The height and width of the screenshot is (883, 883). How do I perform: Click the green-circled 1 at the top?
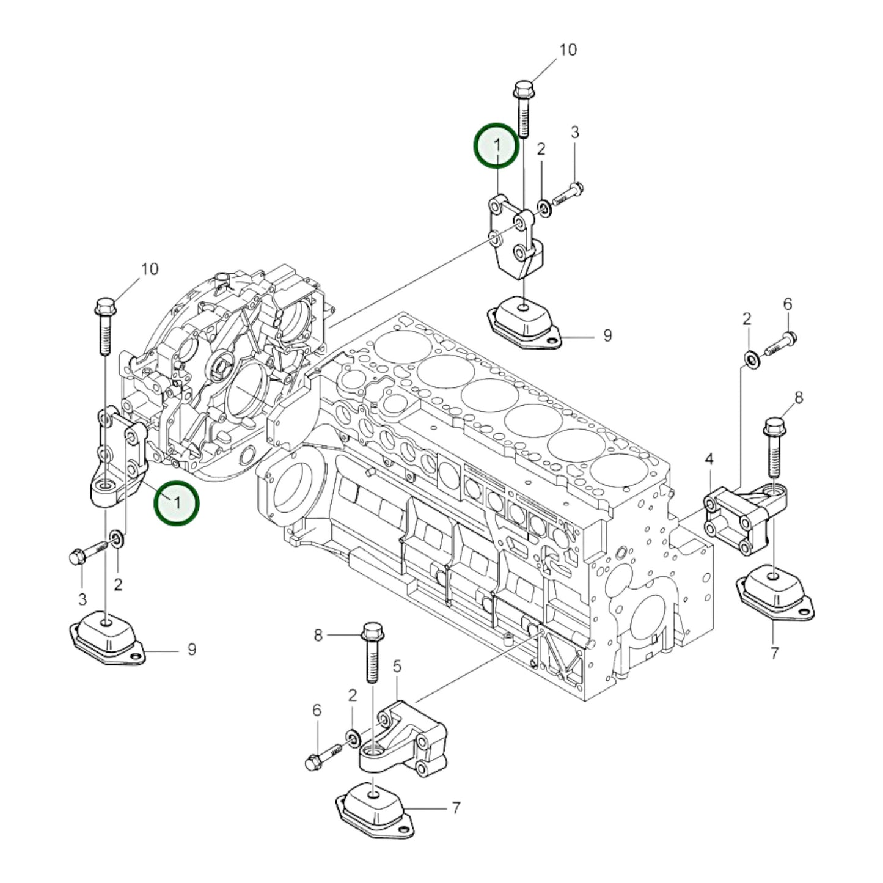(497, 145)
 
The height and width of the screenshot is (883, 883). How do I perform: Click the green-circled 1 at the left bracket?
(176, 503)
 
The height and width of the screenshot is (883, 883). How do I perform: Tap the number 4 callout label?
(709, 458)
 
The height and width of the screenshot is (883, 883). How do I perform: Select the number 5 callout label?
(397, 667)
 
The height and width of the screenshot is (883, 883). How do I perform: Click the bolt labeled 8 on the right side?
(774, 446)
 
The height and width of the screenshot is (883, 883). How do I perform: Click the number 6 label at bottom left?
(317, 710)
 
